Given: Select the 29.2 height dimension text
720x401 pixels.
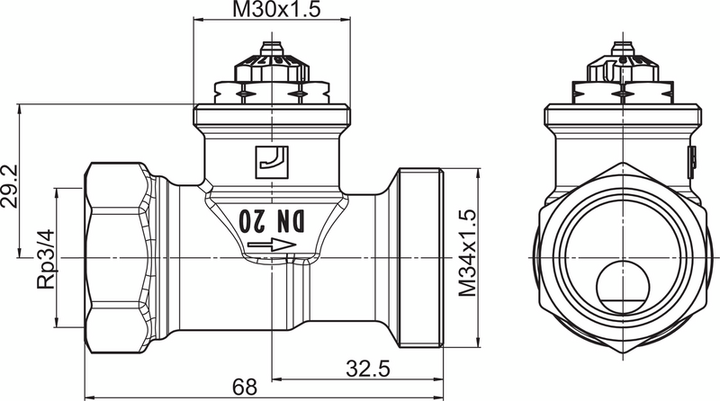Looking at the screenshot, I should tap(10, 186).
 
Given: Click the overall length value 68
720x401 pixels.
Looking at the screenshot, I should tap(243, 387).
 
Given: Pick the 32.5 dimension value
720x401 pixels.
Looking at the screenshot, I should tap(367, 368).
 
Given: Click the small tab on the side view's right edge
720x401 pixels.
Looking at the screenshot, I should tap(694, 161).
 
